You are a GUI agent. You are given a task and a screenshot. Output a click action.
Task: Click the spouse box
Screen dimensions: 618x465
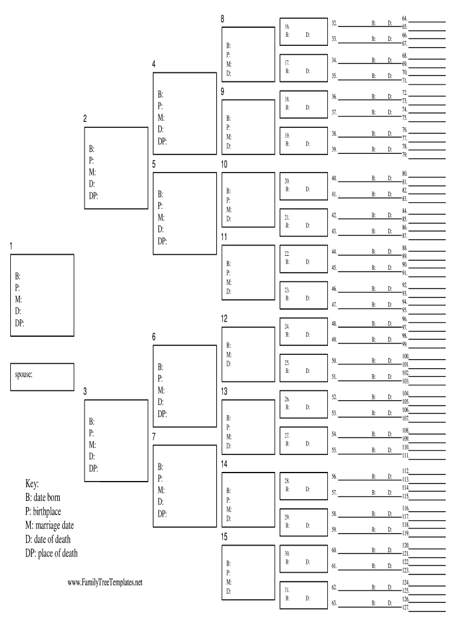pyautogui.click(x=42, y=377)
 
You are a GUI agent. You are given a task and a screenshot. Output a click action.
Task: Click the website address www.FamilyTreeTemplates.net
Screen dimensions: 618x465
pyautogui.click(x=104, y=582)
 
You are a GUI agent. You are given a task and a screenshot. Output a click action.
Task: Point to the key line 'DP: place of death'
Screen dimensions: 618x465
pyautogui.click(x=51, y=553)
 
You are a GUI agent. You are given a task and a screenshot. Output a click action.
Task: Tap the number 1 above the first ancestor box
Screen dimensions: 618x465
pyautogui.click(x=11, y=246)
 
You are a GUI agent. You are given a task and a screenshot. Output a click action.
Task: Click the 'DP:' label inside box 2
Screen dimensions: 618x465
pyautogui.click(x=94, y=195)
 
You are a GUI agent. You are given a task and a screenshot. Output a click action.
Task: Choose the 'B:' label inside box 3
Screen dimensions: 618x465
pyautogui.click(x=92, y=421)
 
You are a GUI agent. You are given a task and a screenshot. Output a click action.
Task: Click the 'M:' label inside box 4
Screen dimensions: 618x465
pyautogui.click(x=161, y=118)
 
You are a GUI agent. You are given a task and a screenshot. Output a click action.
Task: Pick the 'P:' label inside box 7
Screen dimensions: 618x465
pyautogui.click(x=160, y=478)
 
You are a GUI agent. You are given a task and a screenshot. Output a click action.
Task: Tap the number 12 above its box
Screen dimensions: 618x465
pyautogui.click(x=224, y=318)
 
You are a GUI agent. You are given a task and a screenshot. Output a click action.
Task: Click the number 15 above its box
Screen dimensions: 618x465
pyautogui.click(x=224, y=536)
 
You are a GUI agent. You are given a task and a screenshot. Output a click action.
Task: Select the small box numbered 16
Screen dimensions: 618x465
pyautogui.click(x=303, y=31)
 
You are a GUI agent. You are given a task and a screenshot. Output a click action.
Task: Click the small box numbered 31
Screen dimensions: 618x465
pyautogui.click(x=303, y=594)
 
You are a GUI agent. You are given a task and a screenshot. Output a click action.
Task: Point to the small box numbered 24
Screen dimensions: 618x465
pyautogui.click(x=303, y=331)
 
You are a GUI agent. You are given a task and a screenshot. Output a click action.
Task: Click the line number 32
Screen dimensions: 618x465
pyautogui.click(x=334, y=23)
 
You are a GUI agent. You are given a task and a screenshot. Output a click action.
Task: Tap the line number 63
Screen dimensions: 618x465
pyautogui.click(x=334, y=603)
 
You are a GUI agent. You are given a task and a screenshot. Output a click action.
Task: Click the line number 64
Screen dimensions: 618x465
pyautogui.click(x=405, y=19)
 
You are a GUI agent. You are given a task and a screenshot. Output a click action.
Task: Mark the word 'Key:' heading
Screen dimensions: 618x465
pyautogui.click(x=32, y=484)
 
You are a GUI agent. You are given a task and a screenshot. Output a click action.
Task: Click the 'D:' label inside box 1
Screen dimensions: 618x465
pyautogui.click(x=18, y=310)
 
